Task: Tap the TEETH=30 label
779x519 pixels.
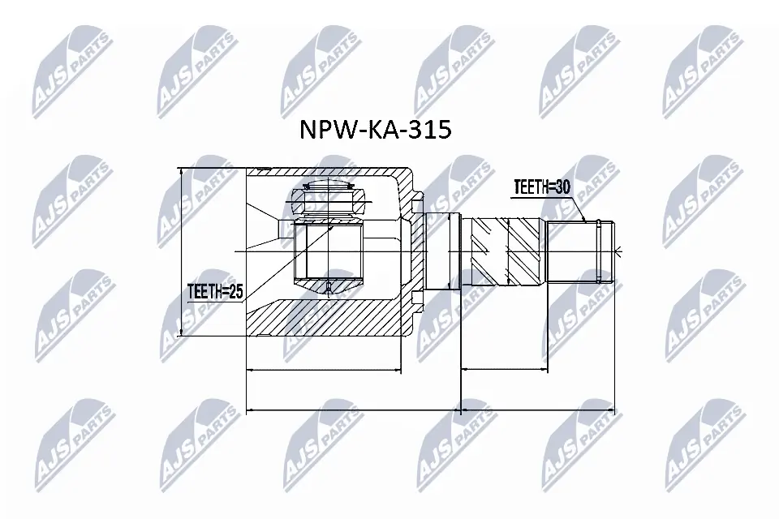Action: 541,187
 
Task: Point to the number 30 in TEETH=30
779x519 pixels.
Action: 562,187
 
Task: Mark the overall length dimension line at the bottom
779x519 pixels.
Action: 430,410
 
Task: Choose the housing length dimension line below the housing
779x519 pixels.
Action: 324,370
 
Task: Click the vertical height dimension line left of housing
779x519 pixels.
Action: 181,251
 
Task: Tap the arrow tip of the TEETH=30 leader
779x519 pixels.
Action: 585,221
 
